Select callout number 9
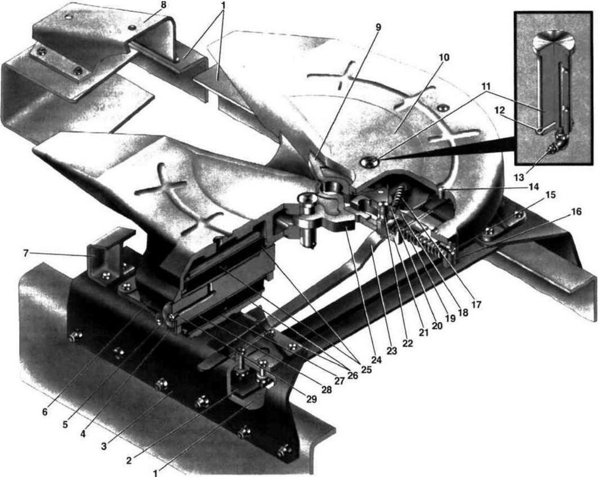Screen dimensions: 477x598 (378, 27)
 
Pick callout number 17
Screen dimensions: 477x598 (477, 304)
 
